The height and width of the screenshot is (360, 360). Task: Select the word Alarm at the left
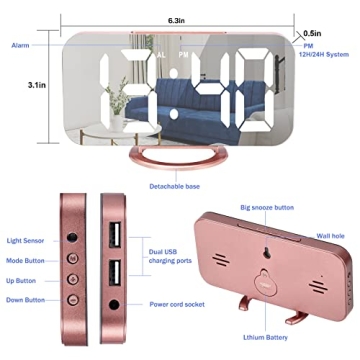(20, 46)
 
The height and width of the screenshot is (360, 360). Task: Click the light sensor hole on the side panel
(72, 239)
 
